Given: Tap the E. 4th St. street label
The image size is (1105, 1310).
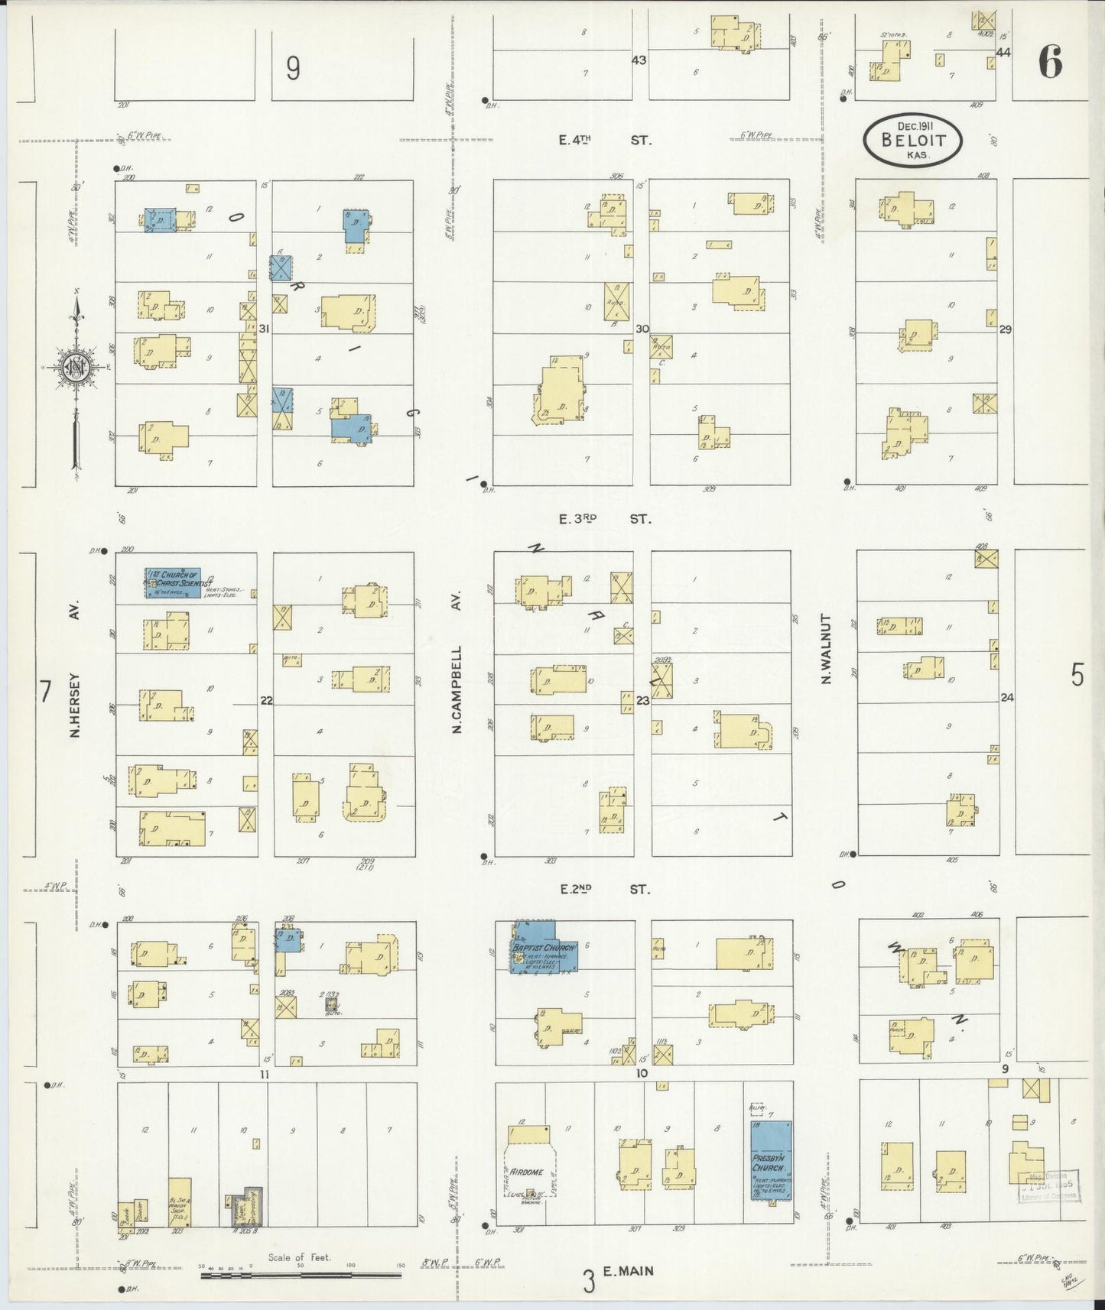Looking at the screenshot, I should tap(604, 141).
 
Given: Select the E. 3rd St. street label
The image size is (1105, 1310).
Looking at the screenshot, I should tap(604, 519).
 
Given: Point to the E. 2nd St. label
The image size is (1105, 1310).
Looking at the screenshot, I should tap(604, 889).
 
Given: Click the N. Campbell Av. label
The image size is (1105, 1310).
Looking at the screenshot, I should tap(458, 690).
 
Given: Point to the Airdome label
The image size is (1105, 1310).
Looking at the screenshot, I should tap(528, 1172).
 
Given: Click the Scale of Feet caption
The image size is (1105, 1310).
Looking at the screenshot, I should tap(299, 1256).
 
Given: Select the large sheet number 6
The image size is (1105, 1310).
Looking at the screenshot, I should tap(1050, 63).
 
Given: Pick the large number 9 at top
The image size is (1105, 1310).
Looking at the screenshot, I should tap(293, 69).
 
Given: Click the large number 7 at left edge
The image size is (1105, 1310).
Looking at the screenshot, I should tap(45, 692).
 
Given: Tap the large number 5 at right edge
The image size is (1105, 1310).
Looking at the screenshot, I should tap(1077, 676).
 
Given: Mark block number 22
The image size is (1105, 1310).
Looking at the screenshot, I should tap(266, 700).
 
